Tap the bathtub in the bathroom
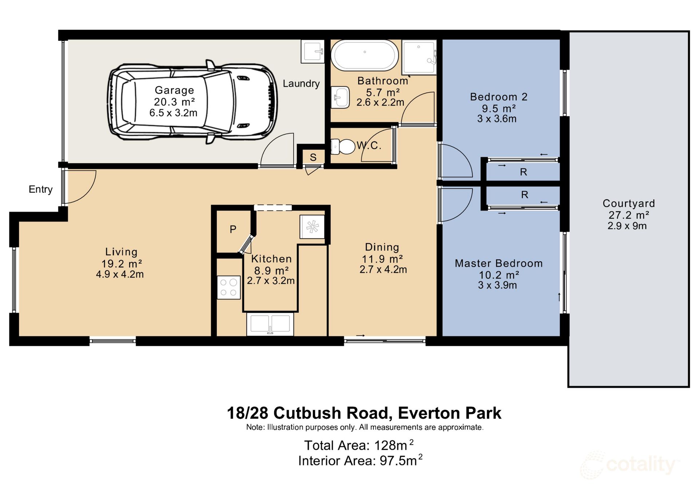(364, 55)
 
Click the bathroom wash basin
(340, 97)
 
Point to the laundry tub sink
(312, 51)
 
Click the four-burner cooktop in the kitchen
(229, 287)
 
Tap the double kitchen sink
(270, 324)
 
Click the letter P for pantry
(233, 229)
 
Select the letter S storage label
(313, 157)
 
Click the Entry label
(40, 189)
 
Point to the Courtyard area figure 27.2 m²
(629, 215)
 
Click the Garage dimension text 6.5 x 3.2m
(173, 113)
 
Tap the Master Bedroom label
(498, 263)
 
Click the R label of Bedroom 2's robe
(523, 172)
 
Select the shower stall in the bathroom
(419, 57)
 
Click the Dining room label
(382, 247)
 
